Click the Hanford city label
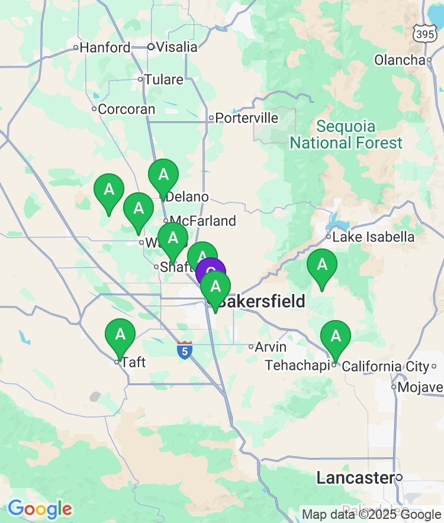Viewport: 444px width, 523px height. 105,47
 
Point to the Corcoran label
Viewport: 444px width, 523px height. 126,109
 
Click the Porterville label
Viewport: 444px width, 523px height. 246,118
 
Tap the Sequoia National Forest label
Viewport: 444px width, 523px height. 346,135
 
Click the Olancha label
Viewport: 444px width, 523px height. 400,60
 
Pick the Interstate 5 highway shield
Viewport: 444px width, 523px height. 184,350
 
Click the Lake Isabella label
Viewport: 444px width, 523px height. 373,237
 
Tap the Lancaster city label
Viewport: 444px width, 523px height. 355,477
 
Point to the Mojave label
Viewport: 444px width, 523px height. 420,388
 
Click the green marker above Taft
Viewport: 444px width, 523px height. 120,335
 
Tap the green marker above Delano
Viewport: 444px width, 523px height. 163,175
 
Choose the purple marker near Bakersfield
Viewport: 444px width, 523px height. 211,272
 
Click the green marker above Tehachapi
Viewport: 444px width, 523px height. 336,337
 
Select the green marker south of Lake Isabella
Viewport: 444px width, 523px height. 322,265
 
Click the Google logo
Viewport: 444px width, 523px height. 40,509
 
